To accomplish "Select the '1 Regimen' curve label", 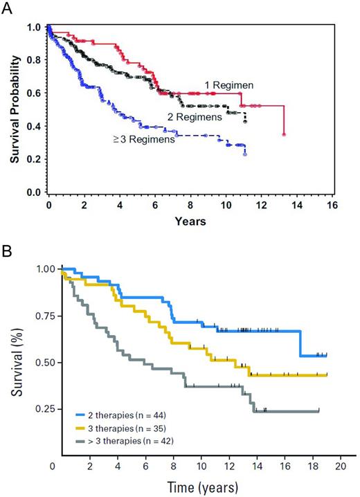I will pyautogui.click(x=228, y=85).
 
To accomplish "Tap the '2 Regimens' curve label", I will pyautogui.click(x=194, y=117).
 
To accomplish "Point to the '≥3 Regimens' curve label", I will pyautogui.click(x=143, y=140).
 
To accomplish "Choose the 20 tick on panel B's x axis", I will pyautogui.click(x=340, y=467).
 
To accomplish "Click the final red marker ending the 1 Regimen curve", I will pyautogui.click(x=285, y=134).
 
